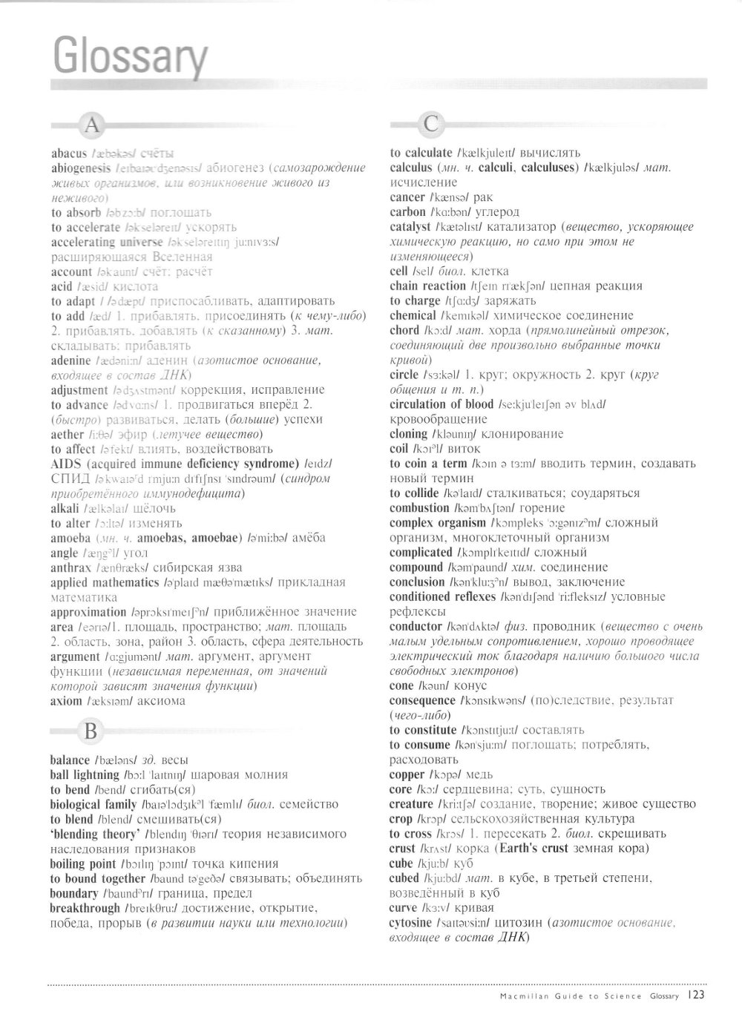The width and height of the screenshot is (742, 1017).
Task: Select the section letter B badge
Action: [91, 731]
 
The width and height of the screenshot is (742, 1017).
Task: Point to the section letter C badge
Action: [430, 124]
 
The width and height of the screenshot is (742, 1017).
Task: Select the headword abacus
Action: [69, 154]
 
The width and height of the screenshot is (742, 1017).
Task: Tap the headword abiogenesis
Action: [81, 168]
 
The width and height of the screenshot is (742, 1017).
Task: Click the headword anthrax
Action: [72, 567]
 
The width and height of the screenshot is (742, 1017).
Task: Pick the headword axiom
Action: [66, 700]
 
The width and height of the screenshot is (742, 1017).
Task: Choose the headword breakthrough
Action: [85, 908]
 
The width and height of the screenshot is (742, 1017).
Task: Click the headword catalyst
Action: [410, 227]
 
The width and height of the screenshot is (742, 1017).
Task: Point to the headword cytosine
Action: [410, 923]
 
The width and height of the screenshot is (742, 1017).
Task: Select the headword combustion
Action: [419, 508]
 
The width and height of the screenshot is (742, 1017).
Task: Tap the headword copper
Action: [407, 774]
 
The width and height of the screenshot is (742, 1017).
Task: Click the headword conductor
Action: [416, 627]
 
